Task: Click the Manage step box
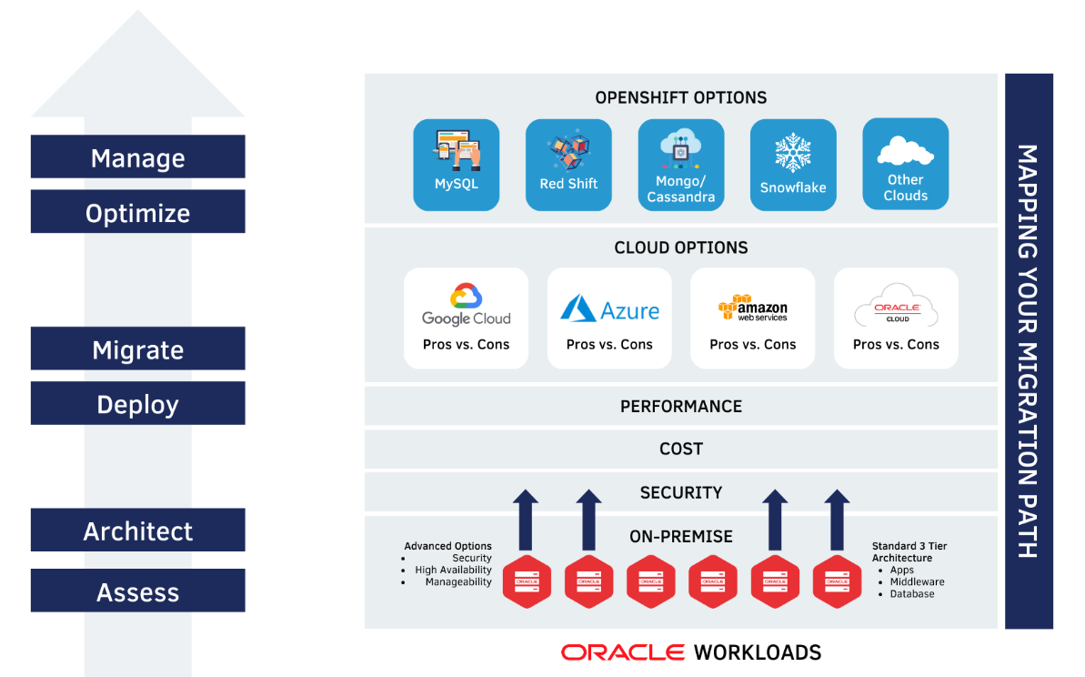click(137, 157)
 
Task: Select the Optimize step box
click(137, 212)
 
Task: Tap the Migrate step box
click(137, 349)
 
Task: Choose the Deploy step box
click(137, 404)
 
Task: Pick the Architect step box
click(137, 530)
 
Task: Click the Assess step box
click(137, 591)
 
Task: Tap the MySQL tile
click(456, 165)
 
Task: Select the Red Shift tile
click(568, 165)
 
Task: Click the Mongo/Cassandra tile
click(681, 165)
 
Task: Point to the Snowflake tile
click(793, 165)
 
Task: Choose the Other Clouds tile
click(905, 165)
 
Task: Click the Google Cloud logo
click(466, 306)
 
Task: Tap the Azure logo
click(609, 309)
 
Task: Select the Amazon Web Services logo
click(752, 308)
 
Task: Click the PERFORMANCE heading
click(681, 407)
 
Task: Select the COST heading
click(681, 449)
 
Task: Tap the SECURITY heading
click(681, 492)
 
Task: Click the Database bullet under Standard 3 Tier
click(911, 594)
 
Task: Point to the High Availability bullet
click(453, 571)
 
